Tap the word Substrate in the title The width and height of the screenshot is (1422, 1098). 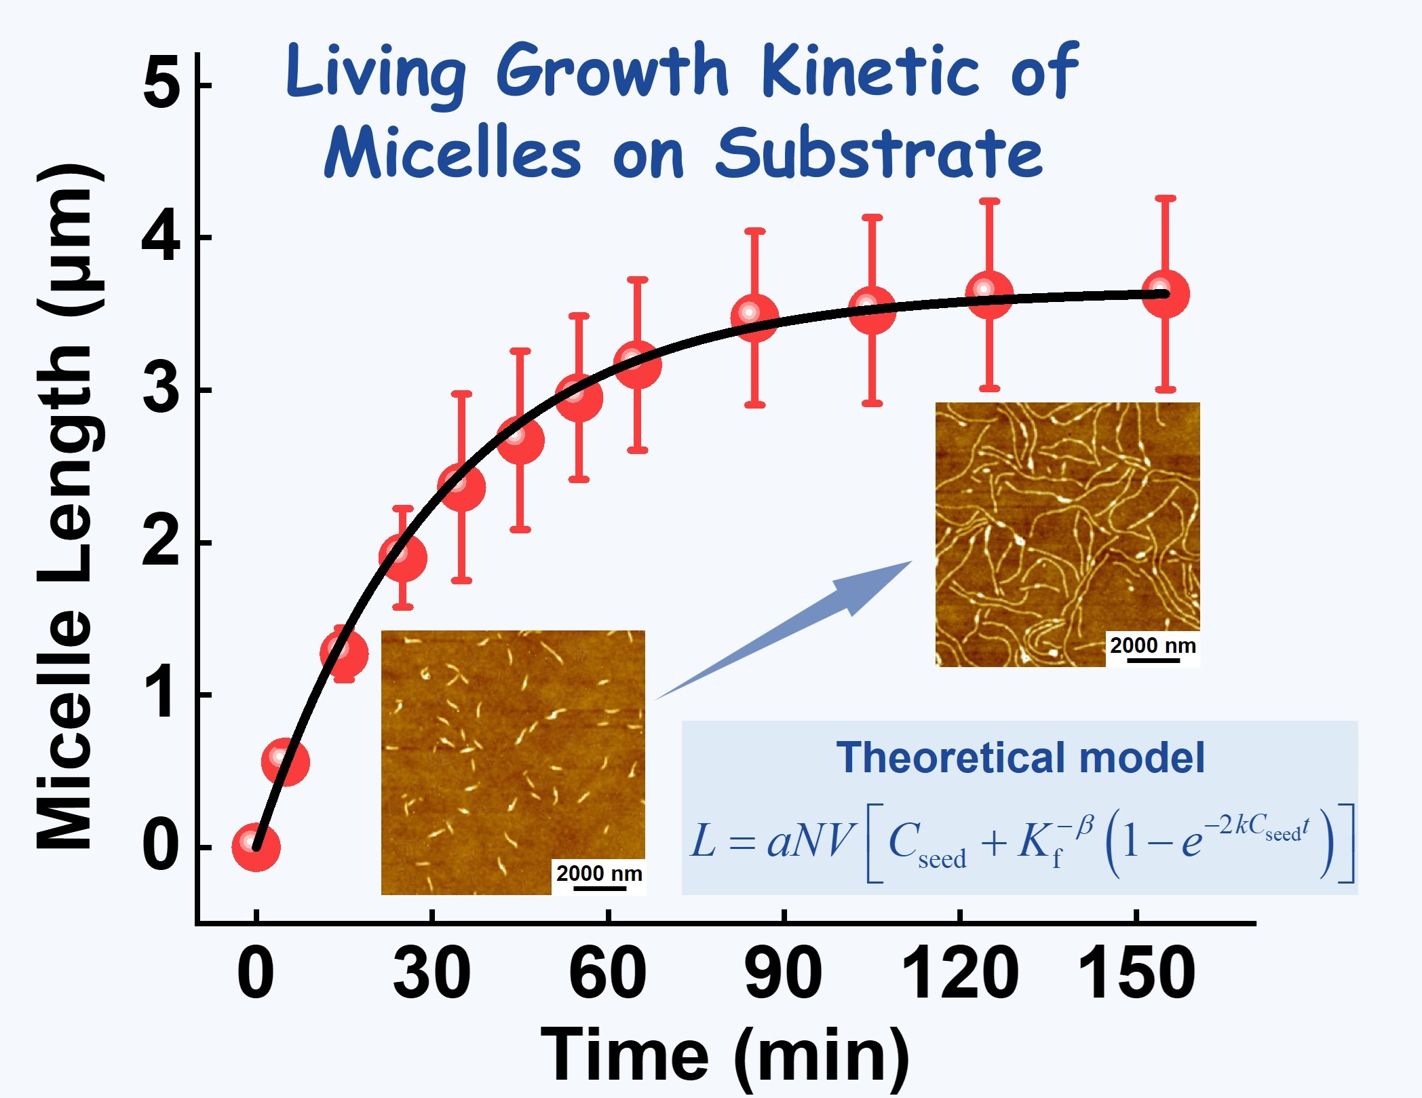point(879,153)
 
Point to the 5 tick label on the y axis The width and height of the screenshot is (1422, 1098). point(161,84)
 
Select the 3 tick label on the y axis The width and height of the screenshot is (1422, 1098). point(161,390)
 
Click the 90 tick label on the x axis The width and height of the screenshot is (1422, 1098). point(783,973)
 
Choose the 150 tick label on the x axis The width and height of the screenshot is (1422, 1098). point(1136,973)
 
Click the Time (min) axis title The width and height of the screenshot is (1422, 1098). point(724,1055)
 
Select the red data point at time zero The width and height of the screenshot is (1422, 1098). point(256,846)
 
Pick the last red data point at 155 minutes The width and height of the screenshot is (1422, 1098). point(1165,294)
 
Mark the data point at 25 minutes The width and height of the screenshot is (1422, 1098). point(403,558)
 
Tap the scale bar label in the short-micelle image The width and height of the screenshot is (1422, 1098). point(599,873)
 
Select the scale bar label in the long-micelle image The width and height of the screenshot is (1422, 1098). point(1153,645)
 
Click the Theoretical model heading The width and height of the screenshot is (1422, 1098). point(1020,757)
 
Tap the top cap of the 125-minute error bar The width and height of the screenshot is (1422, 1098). point(989,202)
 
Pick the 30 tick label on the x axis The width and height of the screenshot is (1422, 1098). point(431,973)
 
